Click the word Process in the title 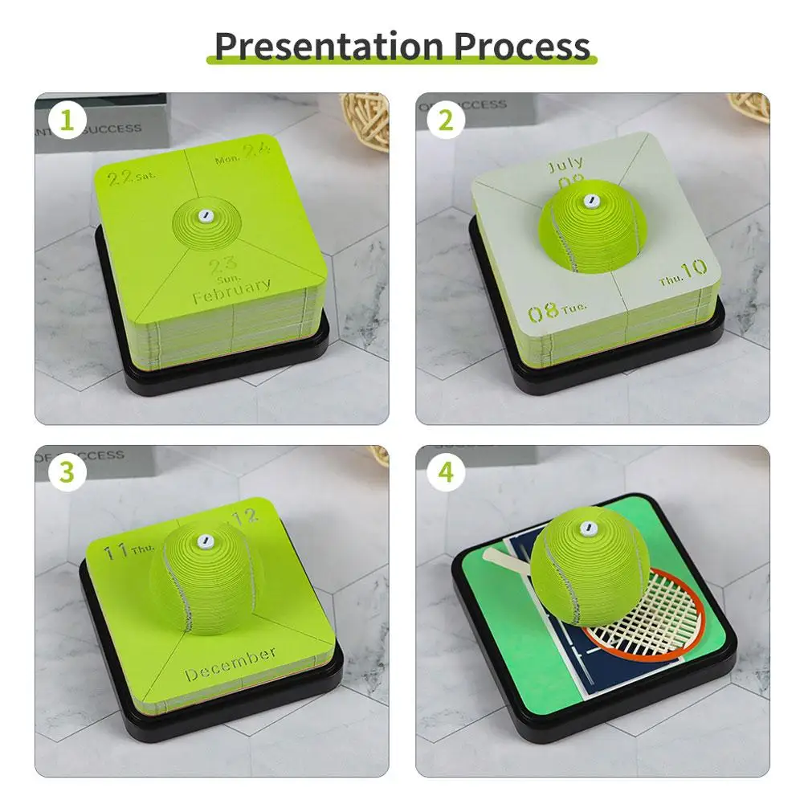tap(522, 46)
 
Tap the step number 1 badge tap(67, 120)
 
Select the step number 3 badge tap(67, 473)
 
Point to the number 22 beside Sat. tap(119, 178)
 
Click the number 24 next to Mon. tap(255, 150)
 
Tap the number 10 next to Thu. tap(693, 267)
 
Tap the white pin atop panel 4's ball tap(588, 528)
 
